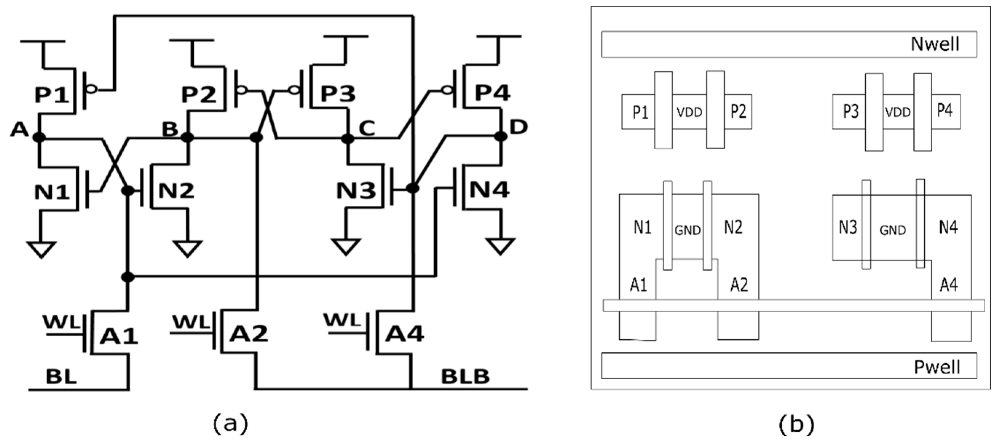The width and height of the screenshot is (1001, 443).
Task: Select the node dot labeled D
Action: tap(500, 137)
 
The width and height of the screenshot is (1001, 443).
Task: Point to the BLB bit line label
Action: tap(465, 376)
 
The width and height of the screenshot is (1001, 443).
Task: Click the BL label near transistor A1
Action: tap(61, 376)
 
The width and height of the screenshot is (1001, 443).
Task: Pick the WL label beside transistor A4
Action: tap(343, 320)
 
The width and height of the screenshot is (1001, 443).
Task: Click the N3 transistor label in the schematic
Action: tap(356, 190)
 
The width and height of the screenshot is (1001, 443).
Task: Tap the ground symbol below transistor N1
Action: tap(41, 249)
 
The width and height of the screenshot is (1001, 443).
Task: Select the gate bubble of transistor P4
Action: tap(448, 91)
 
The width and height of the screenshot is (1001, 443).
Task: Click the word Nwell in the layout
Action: tap(935, 44)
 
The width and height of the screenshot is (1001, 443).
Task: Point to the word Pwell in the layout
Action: tap(937, 367)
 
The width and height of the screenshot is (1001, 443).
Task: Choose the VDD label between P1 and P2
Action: tap(689, 112)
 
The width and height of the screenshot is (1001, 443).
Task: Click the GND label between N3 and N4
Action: tap(893, 230)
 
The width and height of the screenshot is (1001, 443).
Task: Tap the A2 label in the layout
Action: tap(739, 285)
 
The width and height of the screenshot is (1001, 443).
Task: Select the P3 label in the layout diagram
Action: tap(850, 111)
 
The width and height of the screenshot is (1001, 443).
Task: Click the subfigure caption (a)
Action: tap(230, 424)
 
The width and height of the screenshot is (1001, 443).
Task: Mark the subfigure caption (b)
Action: tap(796, 424)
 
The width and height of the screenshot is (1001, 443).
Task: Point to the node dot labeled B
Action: tap(187, 137)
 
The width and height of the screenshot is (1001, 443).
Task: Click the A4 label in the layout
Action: tap(949, 285)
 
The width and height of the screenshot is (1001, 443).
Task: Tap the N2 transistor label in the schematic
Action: tap(176, 190)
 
